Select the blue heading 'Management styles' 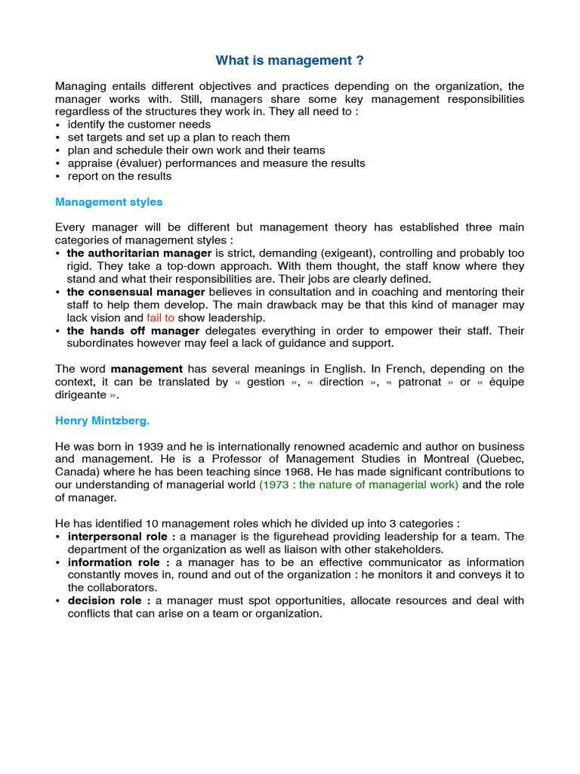pos(109,202)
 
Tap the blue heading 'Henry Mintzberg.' pos(107,420)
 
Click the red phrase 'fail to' pos(160,318)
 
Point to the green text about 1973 pos(358,485)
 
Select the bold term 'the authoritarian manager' pos(139,253)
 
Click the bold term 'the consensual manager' pos(136,292)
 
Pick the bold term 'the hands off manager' pos(133,331)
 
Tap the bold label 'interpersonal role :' pos(121,537)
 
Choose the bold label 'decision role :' pos(110,601)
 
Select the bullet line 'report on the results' pos(119,176)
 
